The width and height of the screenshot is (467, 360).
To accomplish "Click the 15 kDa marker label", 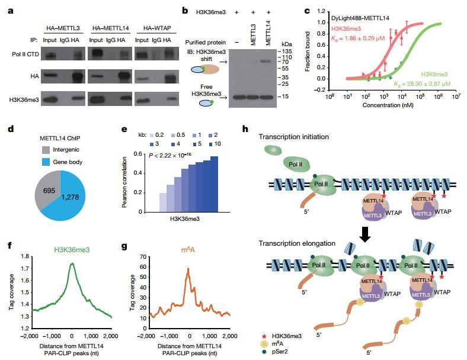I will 285,96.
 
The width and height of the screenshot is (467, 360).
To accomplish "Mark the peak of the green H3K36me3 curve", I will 72,263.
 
